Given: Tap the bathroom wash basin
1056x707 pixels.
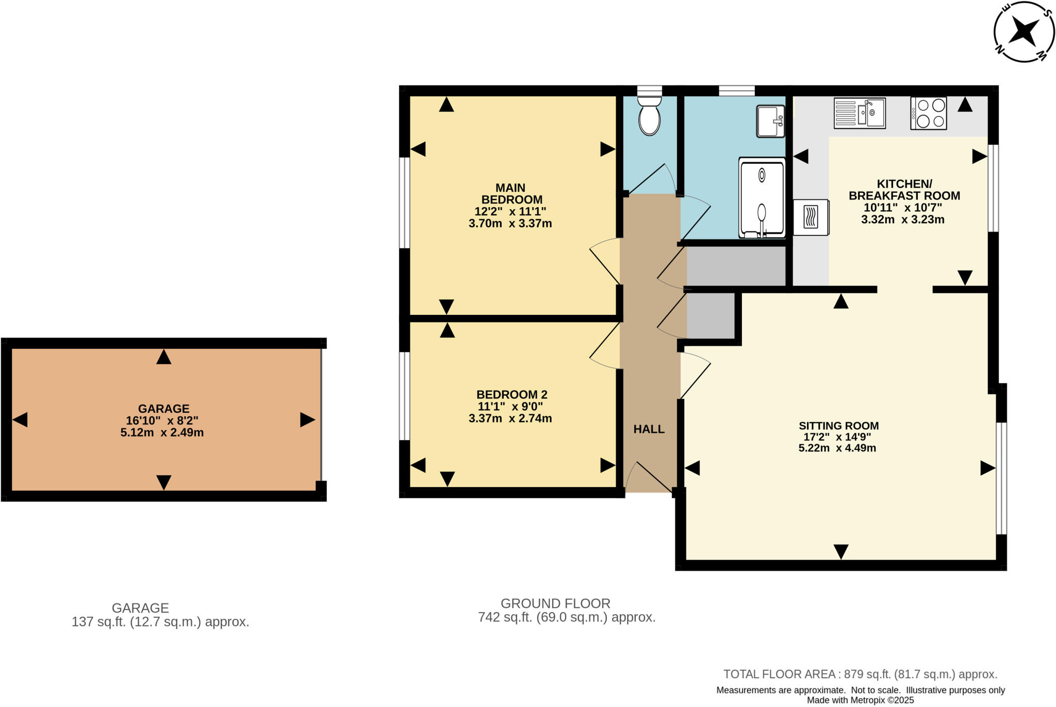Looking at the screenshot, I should tap(770, 122).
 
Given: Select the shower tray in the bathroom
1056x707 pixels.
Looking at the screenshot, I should tap(762, 198).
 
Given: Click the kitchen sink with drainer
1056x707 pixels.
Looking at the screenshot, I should tap(860, 113).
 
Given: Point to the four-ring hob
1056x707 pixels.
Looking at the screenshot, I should tap(929, 113).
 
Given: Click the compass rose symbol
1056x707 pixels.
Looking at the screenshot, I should tap(1024, 32).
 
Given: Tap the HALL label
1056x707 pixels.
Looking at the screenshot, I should tap(649, 429).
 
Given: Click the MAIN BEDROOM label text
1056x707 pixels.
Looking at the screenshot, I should tap(511, 194).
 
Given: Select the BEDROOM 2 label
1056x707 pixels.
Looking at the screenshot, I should tap(511, 395).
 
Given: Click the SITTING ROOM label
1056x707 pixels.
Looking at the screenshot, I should tap(838, 426).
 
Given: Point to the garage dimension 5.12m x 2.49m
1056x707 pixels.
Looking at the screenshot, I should tap(162, 433).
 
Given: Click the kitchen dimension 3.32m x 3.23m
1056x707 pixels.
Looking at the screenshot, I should tap(902, 220).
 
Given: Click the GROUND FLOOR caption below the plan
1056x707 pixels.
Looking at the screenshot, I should tap(555, 603).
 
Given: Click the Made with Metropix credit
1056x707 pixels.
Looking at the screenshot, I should tap(860, 700).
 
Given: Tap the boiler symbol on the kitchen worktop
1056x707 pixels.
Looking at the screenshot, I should tap(811, 217).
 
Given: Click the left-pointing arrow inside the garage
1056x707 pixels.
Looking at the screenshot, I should tap(20, 420).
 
